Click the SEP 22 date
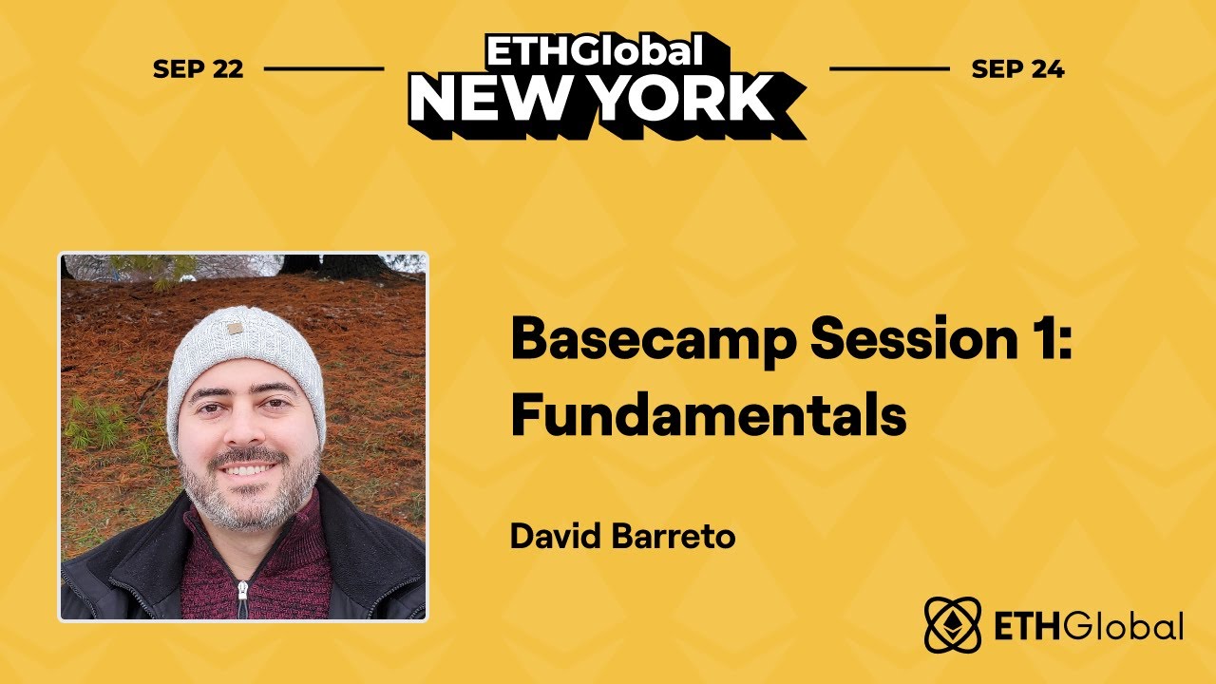(198, 69)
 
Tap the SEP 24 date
(1017, 69)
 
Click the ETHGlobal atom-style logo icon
(953, 626)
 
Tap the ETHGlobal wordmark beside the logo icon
(1088, 627)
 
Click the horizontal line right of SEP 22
(323, 69)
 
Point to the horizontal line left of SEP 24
(889, 69)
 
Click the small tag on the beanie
(233, 329)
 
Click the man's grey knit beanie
(244, 356)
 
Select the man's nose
(245, 432)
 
